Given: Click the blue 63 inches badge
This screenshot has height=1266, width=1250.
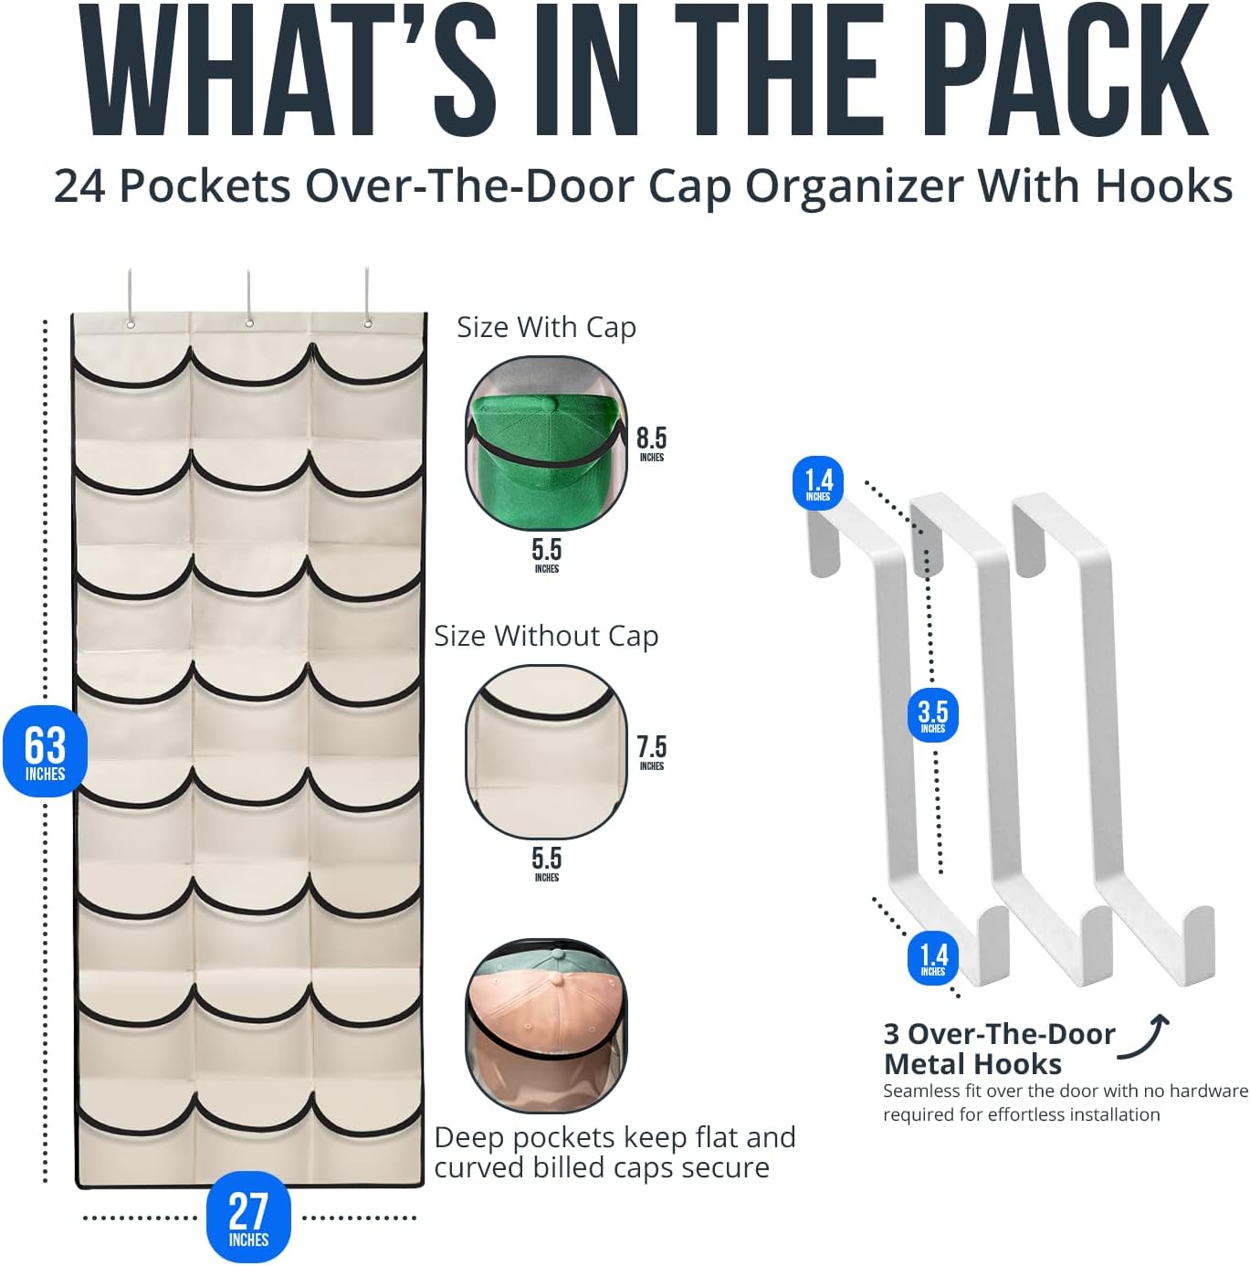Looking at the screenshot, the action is pos(45,751).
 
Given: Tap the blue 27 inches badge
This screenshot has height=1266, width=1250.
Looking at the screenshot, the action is pos(248,1217).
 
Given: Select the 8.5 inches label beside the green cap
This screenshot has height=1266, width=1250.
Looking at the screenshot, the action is pos(652,443).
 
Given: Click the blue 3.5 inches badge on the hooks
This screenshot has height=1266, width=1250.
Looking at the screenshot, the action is pos(933,715).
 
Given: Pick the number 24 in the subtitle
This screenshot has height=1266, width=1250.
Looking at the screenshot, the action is pos(79,187).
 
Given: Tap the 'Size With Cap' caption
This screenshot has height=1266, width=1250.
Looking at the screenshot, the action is pos(547,327).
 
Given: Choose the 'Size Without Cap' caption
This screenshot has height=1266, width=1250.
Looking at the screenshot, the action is pos(547,636).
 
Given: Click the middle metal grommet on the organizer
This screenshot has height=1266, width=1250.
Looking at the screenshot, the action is pos(249,322).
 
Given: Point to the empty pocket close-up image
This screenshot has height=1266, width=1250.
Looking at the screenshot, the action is pos(547,752).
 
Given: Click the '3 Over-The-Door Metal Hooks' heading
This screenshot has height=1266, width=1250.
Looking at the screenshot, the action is pos(999,1050).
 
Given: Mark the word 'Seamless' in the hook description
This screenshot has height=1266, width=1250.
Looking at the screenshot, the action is pos(921,1092).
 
